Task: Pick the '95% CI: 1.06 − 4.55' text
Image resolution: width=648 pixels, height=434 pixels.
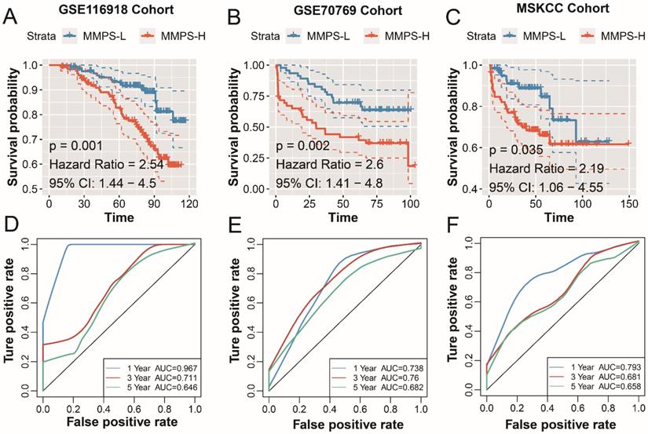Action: tap(544, 187)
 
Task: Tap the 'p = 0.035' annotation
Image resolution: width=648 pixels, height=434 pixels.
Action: tap(518, 148)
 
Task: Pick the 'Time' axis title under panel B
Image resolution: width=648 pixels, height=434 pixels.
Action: tap(339, 215)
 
